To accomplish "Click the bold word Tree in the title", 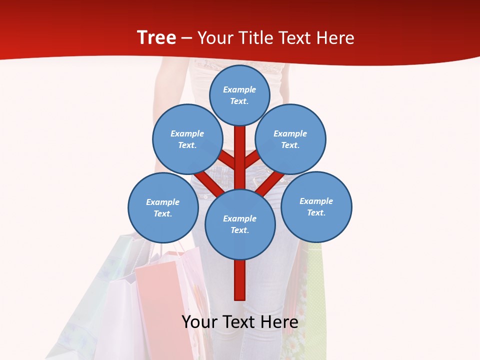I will point(156,38).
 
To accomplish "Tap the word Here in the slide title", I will point(335,38).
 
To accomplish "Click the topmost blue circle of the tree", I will point(239,95).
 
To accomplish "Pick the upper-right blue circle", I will point(290,139).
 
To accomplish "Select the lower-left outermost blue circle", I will point(163,207).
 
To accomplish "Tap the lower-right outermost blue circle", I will point(316,206).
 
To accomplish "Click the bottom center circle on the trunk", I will point(240,224).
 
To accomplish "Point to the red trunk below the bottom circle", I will point(240,280).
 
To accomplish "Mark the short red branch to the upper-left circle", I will point(228,160).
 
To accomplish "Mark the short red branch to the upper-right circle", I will point(251,159).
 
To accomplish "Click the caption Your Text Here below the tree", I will point(240,322).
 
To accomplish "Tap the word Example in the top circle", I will point(239,89).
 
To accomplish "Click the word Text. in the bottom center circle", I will point(239,230).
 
